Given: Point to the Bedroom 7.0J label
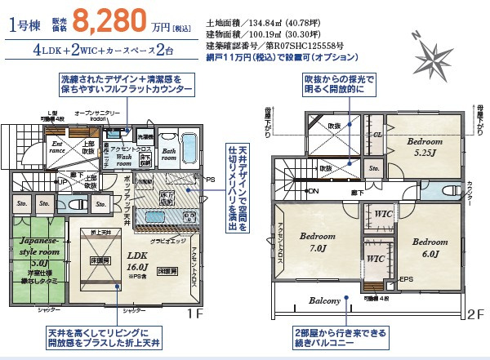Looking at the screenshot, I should click(312, 242).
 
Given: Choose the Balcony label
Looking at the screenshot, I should click(324, 301).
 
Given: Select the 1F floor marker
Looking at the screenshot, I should click(194, 313).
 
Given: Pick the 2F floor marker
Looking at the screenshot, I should click(474, 313).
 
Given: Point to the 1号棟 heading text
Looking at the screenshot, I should click(31, 22).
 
